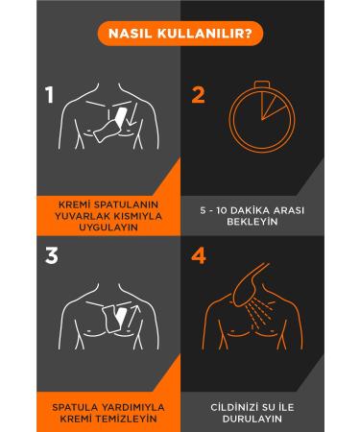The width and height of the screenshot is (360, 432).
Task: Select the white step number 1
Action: click(50, 95)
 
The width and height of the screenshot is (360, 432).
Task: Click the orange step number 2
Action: click(198, 95)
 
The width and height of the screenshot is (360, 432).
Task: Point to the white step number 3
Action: click(52, 255)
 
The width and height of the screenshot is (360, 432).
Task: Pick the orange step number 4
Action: click(199, 255)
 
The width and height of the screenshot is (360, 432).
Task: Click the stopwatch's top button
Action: click(262, 84)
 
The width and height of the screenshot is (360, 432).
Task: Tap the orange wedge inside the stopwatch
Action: click(271, 106)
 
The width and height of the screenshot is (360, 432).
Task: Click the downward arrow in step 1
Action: click(132, 114)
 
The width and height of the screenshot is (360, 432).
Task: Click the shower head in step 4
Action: click(249, 281)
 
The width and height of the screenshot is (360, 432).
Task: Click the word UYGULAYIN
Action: click(108, 228)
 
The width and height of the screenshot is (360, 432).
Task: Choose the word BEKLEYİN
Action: click(252, 222)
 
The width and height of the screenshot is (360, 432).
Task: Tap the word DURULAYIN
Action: click(252, 419)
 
